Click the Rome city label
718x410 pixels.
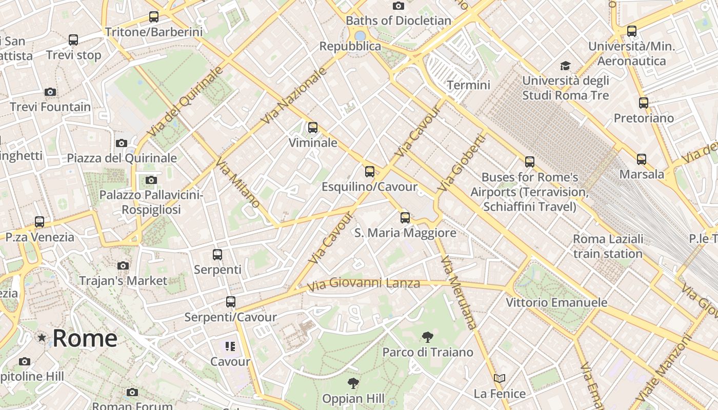(x=85, y=338)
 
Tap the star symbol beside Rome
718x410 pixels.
(x=42, y=338)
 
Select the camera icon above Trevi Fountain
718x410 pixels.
(x=50, y=92)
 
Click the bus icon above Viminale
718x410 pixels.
(x=313, y=128)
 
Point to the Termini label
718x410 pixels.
(x=469, y=85)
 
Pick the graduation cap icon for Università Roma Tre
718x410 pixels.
(x=565, y=66)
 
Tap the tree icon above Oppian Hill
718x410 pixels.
(x=353, y=383)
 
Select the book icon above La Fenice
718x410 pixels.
(x=500, y=379)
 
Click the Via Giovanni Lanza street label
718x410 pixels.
(x=364, y=283)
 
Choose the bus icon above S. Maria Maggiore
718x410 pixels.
(x=405, y=218)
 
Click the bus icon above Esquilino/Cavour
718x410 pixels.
(x=370, y=172)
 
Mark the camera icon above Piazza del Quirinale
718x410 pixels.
(x=122, y=143)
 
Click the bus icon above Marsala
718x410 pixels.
(x=642, y=159)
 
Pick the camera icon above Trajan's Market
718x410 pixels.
(x=123, y=265)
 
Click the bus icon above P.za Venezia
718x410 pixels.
(x=39, y=222)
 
